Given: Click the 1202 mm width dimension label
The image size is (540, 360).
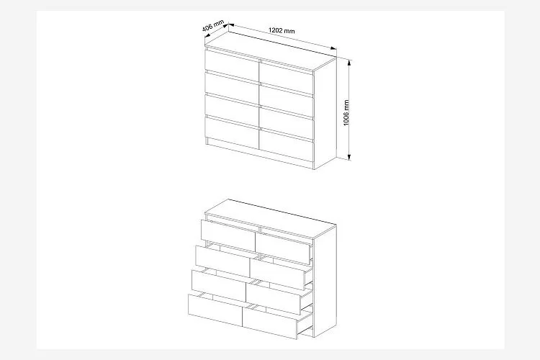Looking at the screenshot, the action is [282, 30].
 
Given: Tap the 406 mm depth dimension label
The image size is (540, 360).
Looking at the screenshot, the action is [213, 26].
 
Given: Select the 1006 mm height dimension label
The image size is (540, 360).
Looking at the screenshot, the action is [346, 113].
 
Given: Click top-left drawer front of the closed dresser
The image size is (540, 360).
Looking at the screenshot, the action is [232, 65].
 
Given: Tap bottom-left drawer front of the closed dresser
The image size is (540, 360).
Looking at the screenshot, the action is [232, 133].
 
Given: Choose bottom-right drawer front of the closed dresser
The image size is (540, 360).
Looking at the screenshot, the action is [287, 145].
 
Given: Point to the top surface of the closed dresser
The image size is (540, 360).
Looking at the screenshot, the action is [271, 52].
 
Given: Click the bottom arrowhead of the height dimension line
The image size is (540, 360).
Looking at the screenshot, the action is [349, 157].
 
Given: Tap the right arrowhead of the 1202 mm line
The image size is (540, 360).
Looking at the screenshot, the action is [333, 48].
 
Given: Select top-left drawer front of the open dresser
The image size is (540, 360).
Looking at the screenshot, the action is [228, 236].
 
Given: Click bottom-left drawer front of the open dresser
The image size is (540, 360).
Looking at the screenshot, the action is [215, 310].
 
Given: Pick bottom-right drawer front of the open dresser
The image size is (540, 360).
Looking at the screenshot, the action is [270, 323].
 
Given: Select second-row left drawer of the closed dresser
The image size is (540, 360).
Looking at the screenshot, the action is [232, 88].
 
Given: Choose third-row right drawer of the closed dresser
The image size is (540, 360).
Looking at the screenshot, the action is [287, 122].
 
